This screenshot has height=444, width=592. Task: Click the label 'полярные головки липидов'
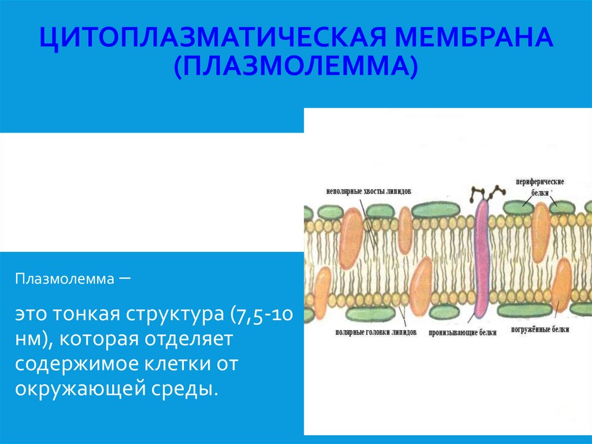coord(375,333)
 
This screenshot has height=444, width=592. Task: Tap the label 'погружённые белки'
coord(540,329)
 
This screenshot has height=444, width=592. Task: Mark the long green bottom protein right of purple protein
coord(524,310)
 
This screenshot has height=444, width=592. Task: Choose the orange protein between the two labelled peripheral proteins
coord(541,233)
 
